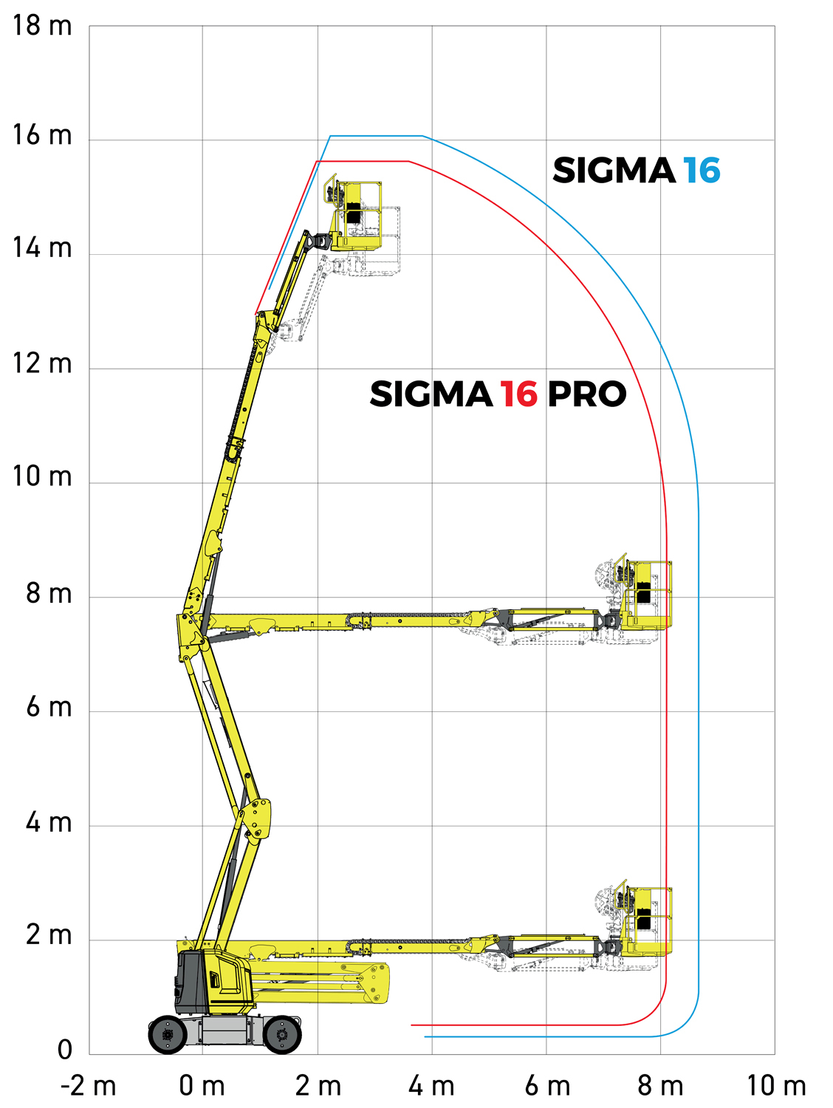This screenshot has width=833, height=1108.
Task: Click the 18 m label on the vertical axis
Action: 42,25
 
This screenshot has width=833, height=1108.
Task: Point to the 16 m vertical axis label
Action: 42,135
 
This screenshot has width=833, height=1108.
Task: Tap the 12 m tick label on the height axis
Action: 42,363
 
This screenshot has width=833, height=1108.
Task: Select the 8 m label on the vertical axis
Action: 49,593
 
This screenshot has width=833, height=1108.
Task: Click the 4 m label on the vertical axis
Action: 49,822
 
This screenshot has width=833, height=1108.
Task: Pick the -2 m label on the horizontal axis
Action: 89,1087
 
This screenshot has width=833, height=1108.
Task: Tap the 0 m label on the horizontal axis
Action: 202,1087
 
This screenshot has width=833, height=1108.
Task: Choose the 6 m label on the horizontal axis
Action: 547,1087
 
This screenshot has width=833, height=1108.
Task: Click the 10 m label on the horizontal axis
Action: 776,1087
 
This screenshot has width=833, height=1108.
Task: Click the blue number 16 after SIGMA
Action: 702,170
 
